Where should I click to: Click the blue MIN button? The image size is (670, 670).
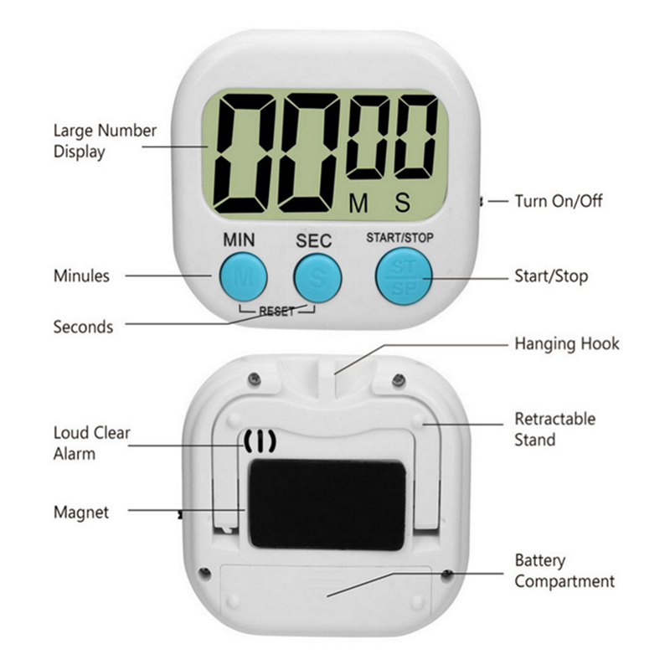click(244, 277)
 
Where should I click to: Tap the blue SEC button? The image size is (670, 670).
click(317, 278)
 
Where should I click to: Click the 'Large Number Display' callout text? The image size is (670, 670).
click(105, 142)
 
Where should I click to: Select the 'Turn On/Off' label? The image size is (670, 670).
click(559, 201)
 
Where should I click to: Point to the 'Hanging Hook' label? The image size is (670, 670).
click(567, 343)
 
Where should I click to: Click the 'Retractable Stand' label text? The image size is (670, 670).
click(554, 429)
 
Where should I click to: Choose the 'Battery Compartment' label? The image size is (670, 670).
click(564, 571)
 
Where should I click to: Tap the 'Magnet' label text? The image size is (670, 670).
click(81, 513)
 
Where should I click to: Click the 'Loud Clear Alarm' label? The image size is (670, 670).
click(91, 443)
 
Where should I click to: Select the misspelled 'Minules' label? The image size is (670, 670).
click(81, 276)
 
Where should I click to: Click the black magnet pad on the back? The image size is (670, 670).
click(327, 505)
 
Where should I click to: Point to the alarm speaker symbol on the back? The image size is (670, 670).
click(260, 441)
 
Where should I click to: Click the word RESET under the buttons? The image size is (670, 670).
click(277, 312)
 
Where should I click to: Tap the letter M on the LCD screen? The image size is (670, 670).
click(358, 203)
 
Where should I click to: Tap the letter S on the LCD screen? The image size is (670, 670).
click(403, 202)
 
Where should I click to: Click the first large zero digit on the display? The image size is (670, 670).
click(243, 153)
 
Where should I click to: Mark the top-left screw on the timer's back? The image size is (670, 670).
click(255, 378)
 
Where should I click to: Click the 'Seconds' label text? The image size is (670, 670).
click(83, 327)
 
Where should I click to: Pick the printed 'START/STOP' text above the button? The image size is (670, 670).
click(400, 238)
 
